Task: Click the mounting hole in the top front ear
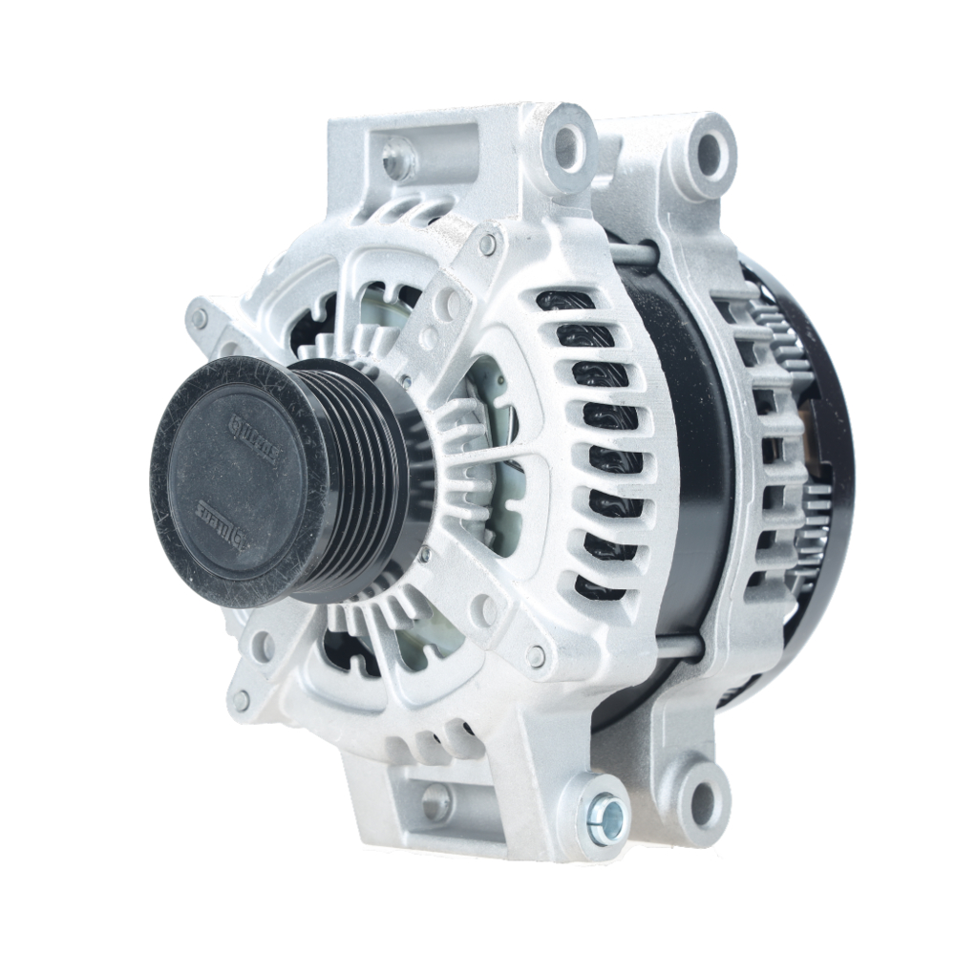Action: click(x=567, y=142)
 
